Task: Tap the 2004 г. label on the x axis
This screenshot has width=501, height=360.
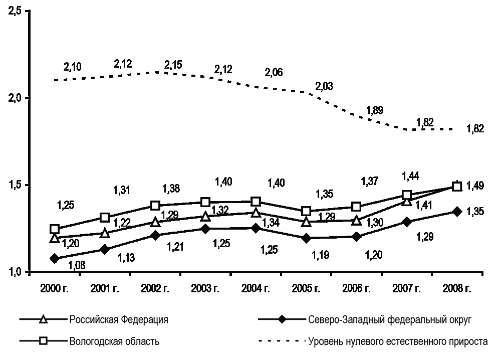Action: pos(256,289)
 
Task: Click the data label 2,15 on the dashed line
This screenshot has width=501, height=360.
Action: pos(173,65)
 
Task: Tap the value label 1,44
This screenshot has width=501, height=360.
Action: pos(410,176)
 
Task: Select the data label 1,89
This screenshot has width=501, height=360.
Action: pos(374,111)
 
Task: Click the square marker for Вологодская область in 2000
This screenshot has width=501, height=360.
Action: pos(55,229)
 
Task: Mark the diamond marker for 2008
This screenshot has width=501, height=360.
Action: pos(456,212)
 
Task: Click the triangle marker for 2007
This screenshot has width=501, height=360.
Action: pos(406,202)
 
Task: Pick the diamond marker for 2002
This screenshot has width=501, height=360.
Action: pos(155,235)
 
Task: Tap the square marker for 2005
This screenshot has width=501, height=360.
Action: pos(306,211)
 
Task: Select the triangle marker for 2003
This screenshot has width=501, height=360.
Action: pos(205,217)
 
